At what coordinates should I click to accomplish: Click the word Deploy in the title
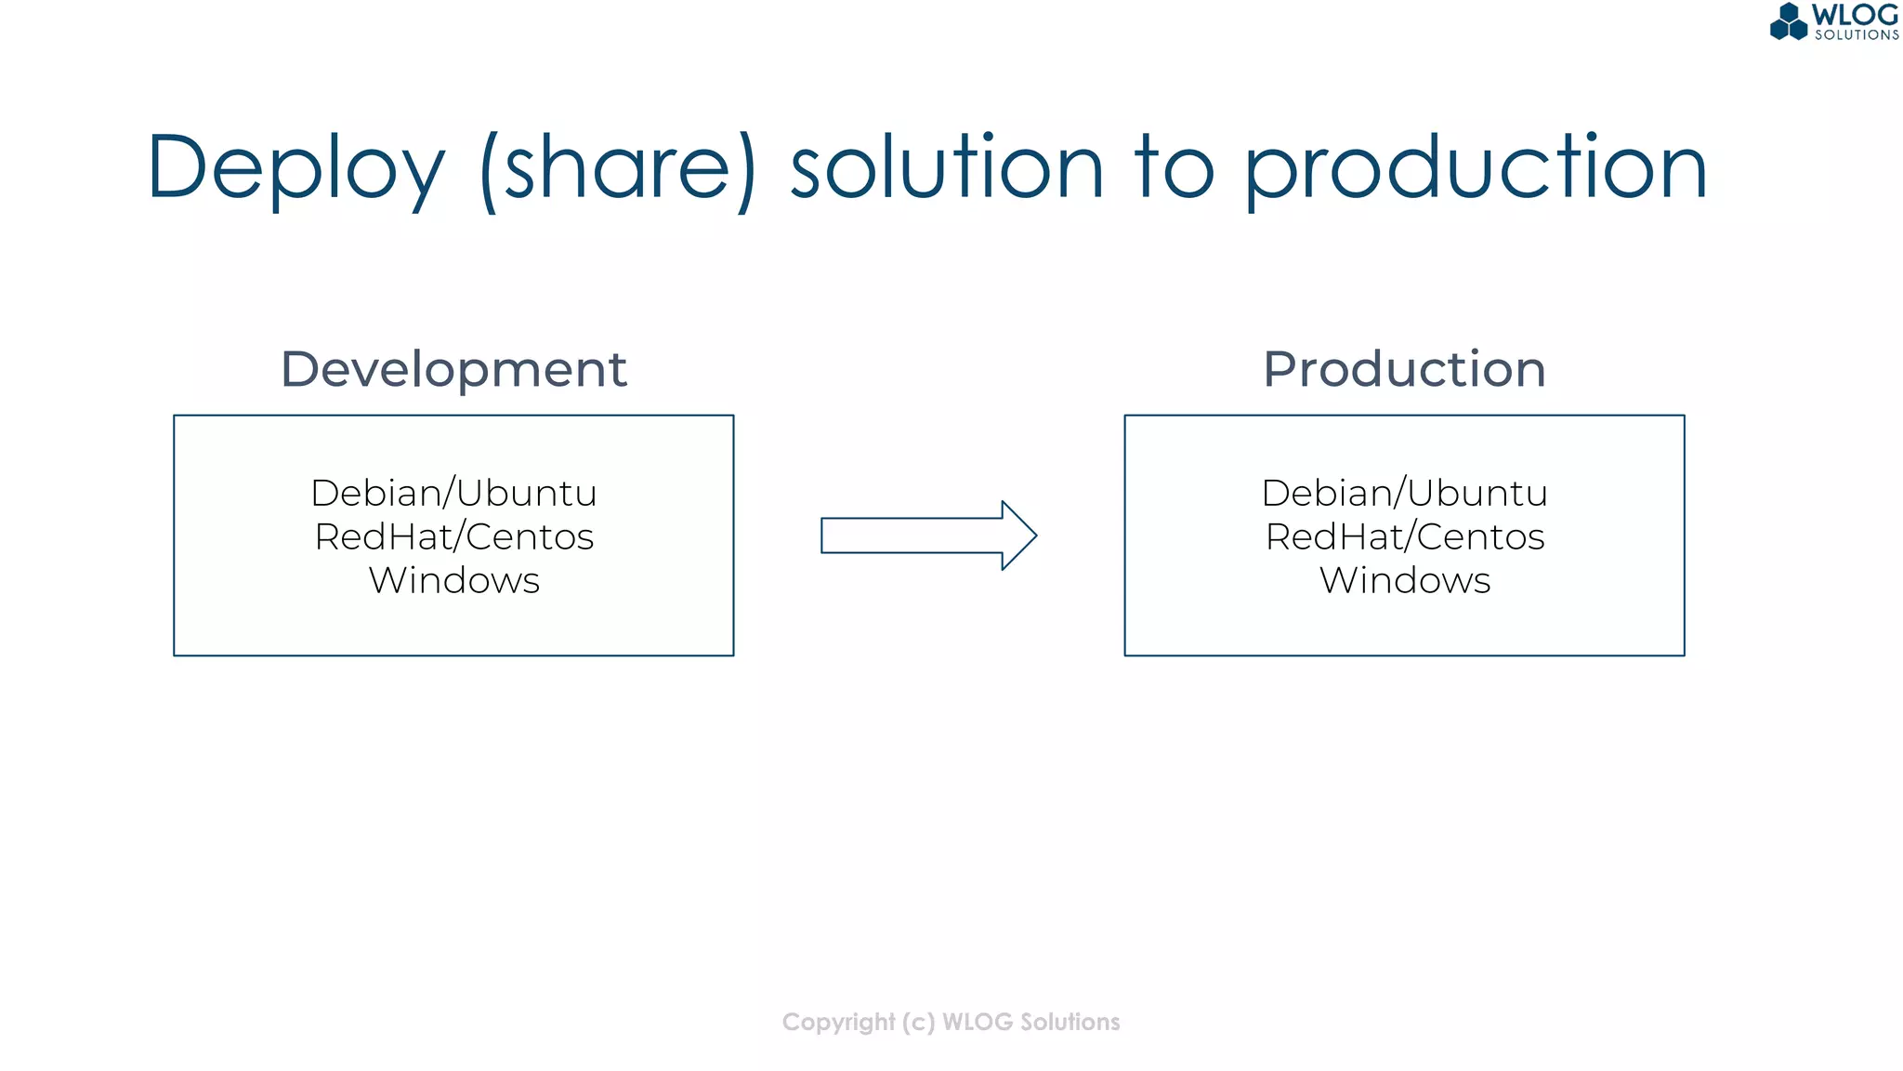click(x=295, y=169)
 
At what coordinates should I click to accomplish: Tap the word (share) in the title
click(x=618, y=169)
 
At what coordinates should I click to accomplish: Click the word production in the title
click(x=1475, y=169)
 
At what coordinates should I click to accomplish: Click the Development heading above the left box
click(x=453, y=370)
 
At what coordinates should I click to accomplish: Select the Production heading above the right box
click(x=1404, y=369)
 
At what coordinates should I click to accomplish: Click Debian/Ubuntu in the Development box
click(x=453, y=493)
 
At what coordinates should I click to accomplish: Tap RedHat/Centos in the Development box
click(x=453, y=536)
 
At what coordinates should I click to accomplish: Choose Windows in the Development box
click(x=453, y=580)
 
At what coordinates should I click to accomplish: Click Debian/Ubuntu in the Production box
click(x=1404, y=493)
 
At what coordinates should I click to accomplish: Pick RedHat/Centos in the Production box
click(x=1404, y=536)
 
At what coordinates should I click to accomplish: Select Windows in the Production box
click(x=1404, y=580)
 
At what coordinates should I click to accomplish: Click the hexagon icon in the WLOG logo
click(x=1789, y=22)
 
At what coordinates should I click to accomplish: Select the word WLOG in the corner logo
click(x=1855, y=15)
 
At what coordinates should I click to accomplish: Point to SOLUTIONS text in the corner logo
click(x=1857, y=35)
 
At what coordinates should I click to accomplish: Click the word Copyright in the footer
click(x=838, y=1023)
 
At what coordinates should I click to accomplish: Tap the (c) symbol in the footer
click(x=918, y=1023)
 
